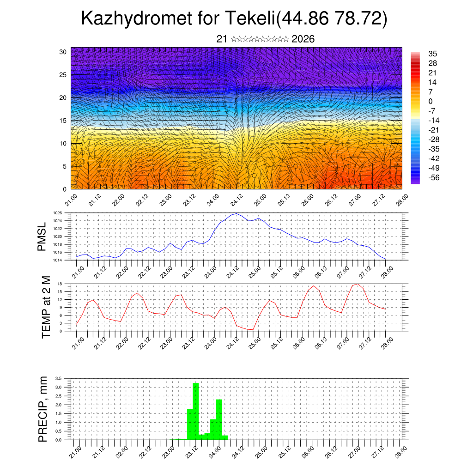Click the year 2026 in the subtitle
[x=303, y=39]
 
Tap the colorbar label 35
[x=432, y=54]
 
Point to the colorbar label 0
[x=431, y=101]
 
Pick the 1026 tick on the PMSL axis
[x=57, y=213]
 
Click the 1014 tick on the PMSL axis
[x=57, y=260]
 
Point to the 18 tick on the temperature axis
[x=60, y=284]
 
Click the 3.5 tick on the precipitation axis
[x=58, y=378]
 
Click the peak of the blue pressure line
[x=236, y=213]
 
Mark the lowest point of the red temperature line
[x=252, y=329]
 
